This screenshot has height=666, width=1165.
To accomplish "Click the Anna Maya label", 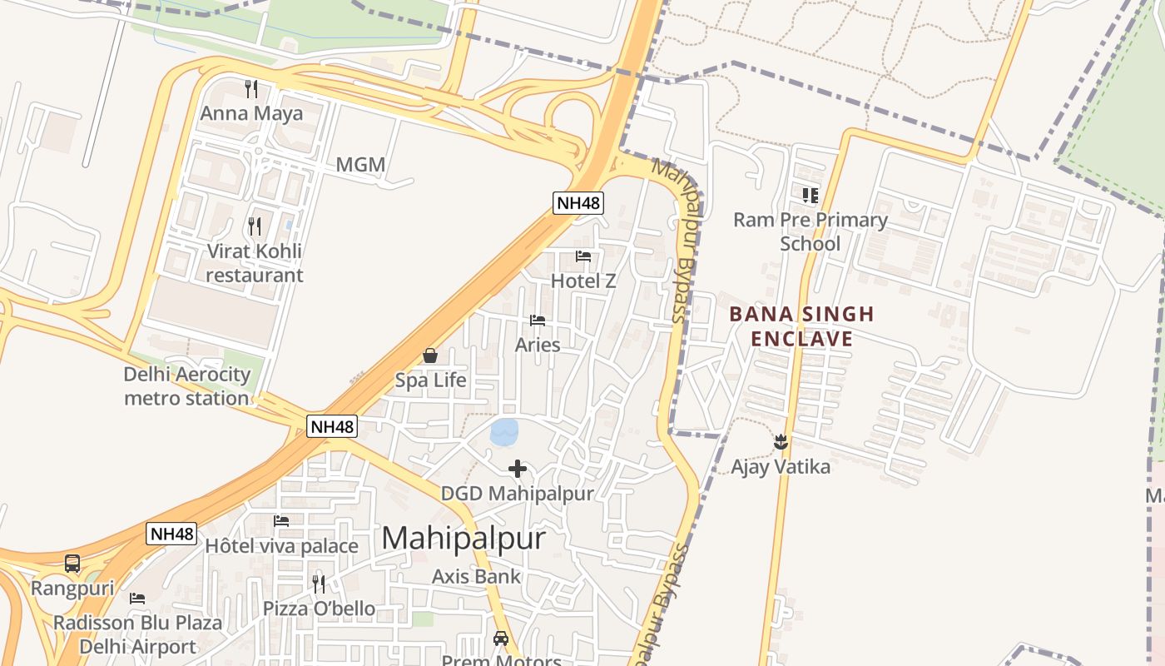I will tap(252, 113).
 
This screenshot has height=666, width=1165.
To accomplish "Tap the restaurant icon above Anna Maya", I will tap(251, 88).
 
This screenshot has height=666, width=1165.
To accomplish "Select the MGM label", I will tap(360, 165).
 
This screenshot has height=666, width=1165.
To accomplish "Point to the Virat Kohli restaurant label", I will tap(254, 263).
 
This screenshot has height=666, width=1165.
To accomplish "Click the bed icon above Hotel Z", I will tap(583, 256).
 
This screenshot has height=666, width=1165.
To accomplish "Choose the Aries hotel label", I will tap(538, 345).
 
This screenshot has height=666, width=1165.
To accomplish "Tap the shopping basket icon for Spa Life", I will tap(430, 355).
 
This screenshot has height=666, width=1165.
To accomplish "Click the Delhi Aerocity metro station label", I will tap(186, 386).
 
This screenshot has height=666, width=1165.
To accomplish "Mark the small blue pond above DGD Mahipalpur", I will tap(504, 432).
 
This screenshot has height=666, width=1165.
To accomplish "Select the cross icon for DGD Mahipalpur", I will tap(518, 469).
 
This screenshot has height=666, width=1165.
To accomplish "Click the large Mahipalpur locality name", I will tap(464, 538).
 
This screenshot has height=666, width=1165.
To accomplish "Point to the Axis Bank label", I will tap(476, 576).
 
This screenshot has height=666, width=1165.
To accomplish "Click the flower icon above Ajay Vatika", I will tap(781, 441).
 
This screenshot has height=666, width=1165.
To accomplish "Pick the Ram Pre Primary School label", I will tap(811, 231).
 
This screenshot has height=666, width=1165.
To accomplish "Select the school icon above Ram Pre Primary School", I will tap(811, 196).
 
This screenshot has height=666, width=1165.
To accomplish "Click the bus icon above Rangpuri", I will tap(72, 564).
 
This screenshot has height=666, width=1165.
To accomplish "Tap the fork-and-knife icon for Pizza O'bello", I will tap(319, 584).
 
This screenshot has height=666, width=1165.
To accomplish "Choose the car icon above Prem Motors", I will tap(501, 639).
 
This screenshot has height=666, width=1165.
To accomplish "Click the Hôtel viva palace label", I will tap(281, 546).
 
